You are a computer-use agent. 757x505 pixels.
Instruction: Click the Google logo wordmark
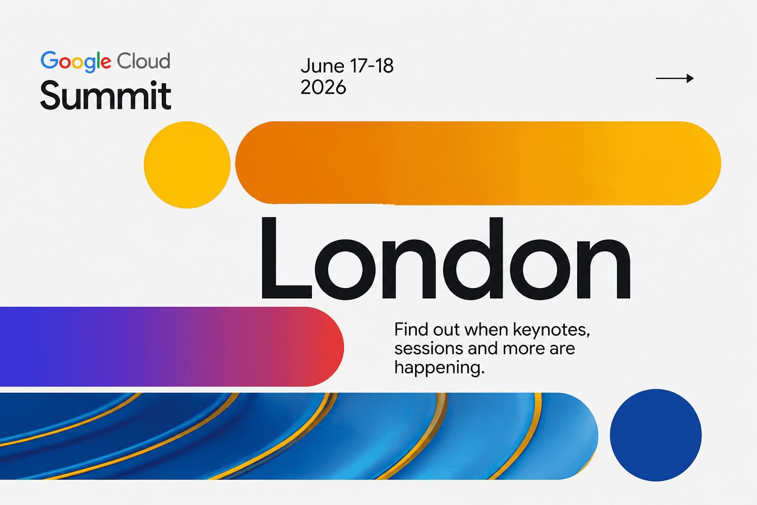click(76, 62)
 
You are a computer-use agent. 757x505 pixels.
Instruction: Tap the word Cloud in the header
click(143, 61)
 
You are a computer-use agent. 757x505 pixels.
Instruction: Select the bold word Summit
click(106, 95)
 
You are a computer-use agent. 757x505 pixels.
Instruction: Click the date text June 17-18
click(347, 66)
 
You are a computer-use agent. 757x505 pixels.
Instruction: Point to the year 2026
click(323, 87)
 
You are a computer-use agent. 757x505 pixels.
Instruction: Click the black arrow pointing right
click(675, 78)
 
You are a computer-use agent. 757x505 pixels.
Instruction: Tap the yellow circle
click(187, 165)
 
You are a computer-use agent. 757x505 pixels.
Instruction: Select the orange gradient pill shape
click(478, 163)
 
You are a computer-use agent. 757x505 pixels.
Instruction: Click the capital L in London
click(286, 258)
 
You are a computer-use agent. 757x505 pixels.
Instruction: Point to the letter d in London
click(473, 258)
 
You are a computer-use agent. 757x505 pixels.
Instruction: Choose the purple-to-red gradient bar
click(172, 346)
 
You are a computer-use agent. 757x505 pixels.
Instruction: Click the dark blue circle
click(655, 435)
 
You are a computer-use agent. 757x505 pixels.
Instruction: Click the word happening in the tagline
click(439, 368)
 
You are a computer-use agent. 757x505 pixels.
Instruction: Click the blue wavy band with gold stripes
click(299, 436)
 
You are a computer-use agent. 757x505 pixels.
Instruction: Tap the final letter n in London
click(603, 269)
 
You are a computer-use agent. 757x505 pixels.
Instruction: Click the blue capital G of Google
click(49, 60)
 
